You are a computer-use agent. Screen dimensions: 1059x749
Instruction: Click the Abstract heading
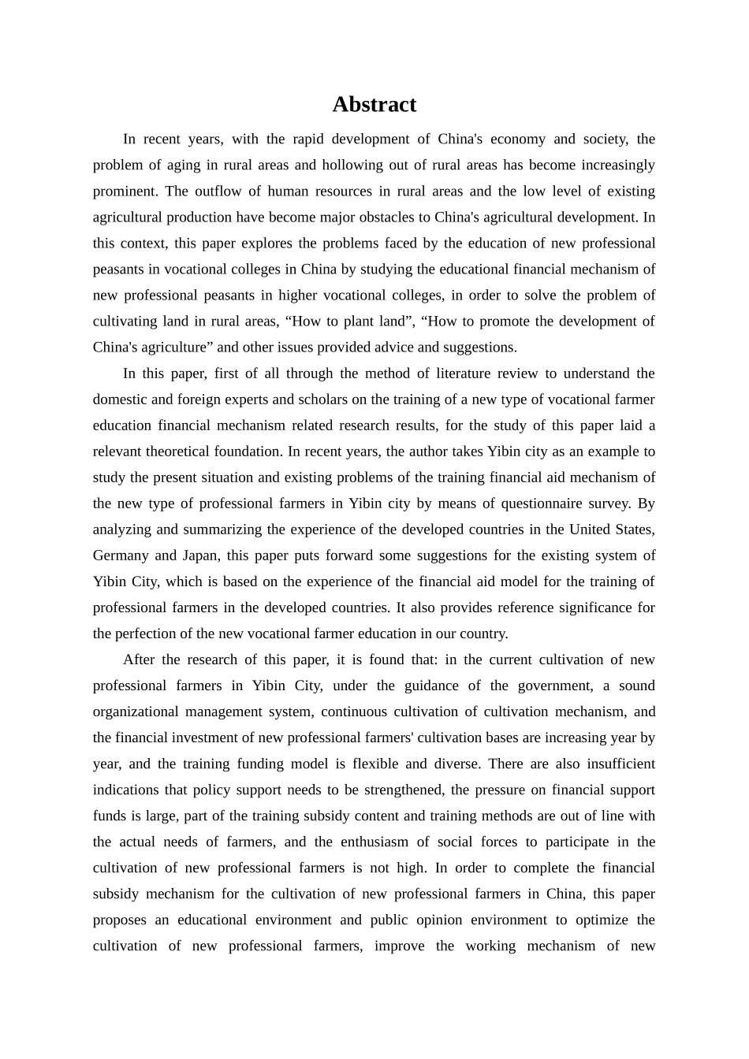point(374,104)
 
